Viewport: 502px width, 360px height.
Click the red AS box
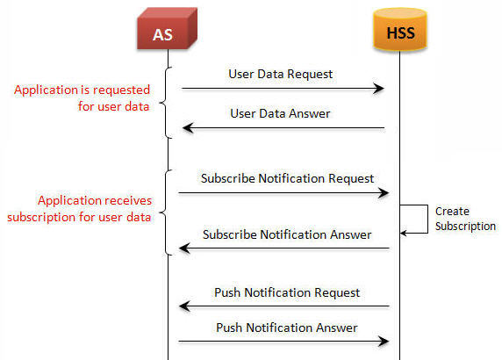167,29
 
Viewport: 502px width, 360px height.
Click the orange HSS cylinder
400,30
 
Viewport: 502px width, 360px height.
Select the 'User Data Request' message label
281,75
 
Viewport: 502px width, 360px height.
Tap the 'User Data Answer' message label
280,113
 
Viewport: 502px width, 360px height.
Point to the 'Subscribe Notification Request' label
287,178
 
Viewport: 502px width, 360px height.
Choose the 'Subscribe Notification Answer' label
287,234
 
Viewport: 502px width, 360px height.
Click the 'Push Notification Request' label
287,292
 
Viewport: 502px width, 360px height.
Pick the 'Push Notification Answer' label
286,328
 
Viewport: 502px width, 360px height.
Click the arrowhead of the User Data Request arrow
379,89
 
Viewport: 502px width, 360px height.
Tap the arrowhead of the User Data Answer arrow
188,128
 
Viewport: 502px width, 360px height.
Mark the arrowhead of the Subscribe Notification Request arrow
384,193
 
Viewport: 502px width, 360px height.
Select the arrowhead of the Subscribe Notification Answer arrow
184,248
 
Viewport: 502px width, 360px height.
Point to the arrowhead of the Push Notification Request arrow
184,306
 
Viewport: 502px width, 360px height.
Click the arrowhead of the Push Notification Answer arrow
384,342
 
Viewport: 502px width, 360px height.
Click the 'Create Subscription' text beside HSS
465,219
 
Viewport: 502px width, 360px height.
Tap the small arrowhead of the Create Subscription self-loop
404,233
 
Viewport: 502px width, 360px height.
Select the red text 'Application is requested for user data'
82,98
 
